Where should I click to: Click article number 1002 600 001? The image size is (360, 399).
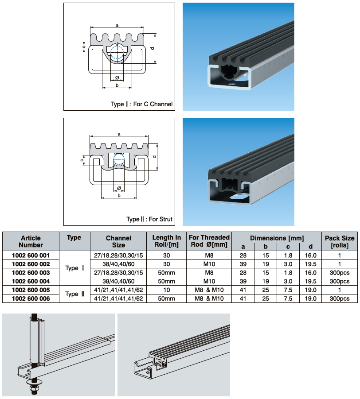[x=31, y=255]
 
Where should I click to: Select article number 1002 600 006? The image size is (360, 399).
[x=31, y=299]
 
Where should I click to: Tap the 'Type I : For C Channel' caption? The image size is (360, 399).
[x=141, y=105]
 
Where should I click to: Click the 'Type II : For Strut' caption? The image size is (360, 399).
[x=149, y=219]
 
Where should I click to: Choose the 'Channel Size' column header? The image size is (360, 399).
[x=118, y=241]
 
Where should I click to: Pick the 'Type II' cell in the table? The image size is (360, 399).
[x=74, y=294]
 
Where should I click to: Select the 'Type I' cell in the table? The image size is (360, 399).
[x=74, y=268]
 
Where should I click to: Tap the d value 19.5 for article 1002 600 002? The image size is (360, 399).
[x=310, y=264]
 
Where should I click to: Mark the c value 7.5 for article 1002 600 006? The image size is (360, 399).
[x=288, y=299]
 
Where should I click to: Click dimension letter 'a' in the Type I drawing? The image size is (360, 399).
[x=117, y=26]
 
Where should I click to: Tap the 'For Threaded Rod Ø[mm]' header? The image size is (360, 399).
[x=209, y=241]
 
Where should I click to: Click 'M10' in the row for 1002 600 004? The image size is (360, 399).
[x=209, y=281]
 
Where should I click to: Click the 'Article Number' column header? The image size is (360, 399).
[x=31, y=241]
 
